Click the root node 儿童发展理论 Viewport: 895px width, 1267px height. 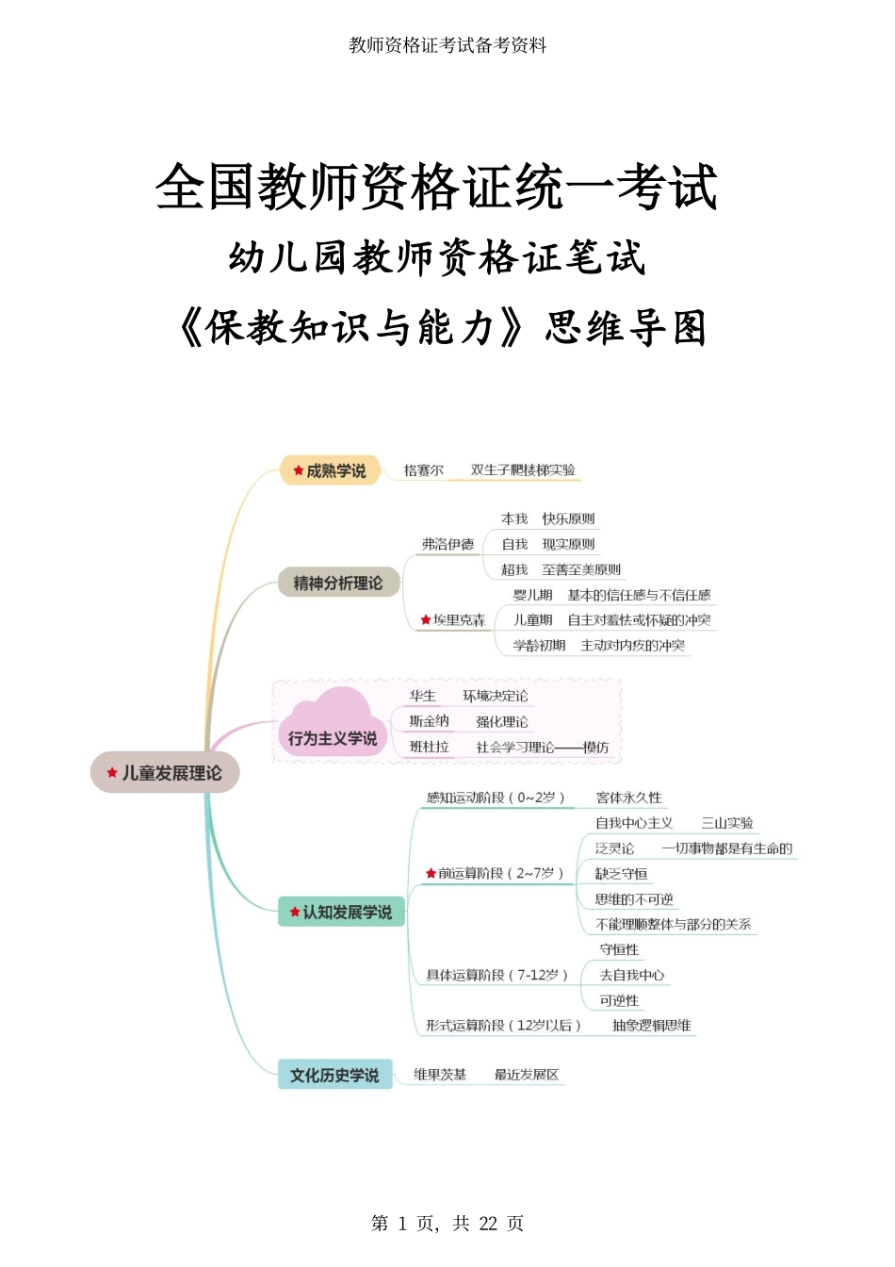coord(165,772)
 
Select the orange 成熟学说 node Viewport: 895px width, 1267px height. coord(330,470)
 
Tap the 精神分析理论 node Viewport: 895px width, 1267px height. coord(338,582)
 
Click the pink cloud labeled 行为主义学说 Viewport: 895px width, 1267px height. coord(333,723)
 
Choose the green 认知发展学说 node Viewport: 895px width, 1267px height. coord(341,912)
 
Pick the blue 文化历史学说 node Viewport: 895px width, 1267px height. coord(334,1074)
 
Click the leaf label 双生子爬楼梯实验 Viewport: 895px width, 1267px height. coord(523,469)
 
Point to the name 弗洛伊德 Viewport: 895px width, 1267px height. coord(447,544)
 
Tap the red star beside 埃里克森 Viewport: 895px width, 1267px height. coord(426,620)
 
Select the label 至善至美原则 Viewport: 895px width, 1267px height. coord(581,569)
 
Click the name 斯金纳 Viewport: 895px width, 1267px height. coord(429,721)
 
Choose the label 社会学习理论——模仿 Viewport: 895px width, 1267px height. coord(543,748)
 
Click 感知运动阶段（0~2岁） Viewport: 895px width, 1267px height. coord(496,798)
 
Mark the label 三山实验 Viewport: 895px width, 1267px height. coord(727,823)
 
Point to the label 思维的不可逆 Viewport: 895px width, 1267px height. coord(634,898)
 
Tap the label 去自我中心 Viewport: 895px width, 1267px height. coord(632,975)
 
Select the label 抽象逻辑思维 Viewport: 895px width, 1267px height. coord(652,1025)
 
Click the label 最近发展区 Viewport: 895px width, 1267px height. coord(527,1074)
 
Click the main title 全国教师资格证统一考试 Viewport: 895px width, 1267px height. coord(436,187)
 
